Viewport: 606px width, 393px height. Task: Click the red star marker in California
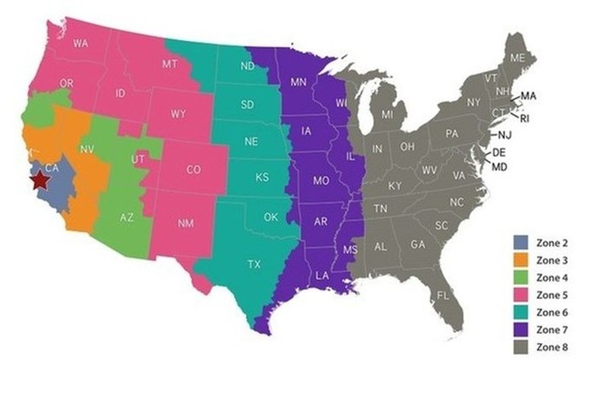[x=39, y=181]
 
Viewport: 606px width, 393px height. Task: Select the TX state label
[x=255, y=265]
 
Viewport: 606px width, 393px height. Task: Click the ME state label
[x=518, y=58]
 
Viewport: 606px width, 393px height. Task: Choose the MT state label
[x=170, y=64]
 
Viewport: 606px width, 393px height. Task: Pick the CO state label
[x=193, y=171]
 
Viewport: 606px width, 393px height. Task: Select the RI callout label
[x=524, y=118]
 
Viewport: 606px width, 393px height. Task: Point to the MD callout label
[x=499, y=167]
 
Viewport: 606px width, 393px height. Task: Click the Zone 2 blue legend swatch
[x=520, y=244]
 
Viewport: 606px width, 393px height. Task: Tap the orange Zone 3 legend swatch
[x=520, y=261]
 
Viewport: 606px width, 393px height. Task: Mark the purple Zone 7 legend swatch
[x=520, y=329]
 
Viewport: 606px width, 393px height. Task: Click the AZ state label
[x=127, y=218]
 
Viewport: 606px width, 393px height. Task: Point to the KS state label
[x=262, y=178]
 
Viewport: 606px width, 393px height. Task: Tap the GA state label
[x=417, y=244]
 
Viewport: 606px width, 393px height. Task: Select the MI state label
[x=388, y=115]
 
